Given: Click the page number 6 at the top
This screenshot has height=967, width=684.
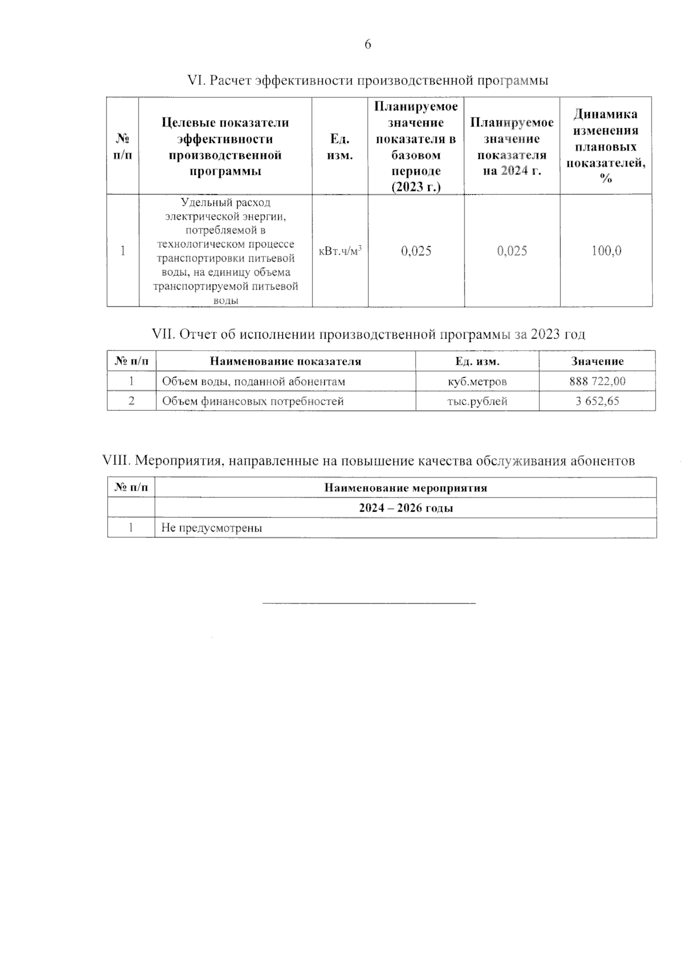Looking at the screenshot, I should tap(368, 44).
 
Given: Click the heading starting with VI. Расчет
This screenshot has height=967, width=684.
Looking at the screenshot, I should tap(368, 81).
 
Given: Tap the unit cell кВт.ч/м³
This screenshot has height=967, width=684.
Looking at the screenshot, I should tap(340, 251).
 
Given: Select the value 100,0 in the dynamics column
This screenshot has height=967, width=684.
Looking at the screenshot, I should tap(606, 251).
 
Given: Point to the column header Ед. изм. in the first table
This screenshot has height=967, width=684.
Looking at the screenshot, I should tap(340, 147).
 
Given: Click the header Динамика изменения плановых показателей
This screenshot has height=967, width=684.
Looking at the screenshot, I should tap(606, 146).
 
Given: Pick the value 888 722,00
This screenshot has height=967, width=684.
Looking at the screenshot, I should tap(597, 381).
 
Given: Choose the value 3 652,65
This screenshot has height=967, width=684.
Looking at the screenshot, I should tap(597, 401).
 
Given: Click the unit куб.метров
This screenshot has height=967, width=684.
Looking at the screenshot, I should tap(477, 381).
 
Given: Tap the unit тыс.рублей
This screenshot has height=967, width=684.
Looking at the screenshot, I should tap(477, 401).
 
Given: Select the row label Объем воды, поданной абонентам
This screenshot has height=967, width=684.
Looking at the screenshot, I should tap(254, 381).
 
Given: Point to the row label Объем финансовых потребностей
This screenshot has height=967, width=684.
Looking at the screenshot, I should tap(253, 401).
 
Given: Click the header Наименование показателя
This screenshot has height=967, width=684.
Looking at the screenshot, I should tap(286, 361).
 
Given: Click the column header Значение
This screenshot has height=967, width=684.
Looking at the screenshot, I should tap(597, 361).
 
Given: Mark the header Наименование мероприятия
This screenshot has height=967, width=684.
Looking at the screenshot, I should tap(405, 488).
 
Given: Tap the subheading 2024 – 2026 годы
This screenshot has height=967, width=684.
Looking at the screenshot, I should tap(405, 508).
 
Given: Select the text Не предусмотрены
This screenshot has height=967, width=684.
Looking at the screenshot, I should tap(211, 528).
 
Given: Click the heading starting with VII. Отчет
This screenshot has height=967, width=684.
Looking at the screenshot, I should tap(368, 334).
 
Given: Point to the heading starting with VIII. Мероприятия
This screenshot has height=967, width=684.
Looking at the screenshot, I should tap(368, 461).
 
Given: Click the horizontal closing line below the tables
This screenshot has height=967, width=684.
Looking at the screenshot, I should tap(368, 602).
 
